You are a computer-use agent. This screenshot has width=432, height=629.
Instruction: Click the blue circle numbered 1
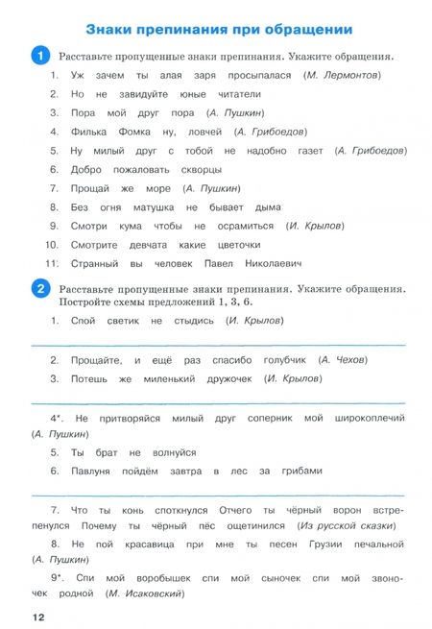(41, 57)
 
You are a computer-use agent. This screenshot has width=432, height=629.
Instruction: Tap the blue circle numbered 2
(41, 288)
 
